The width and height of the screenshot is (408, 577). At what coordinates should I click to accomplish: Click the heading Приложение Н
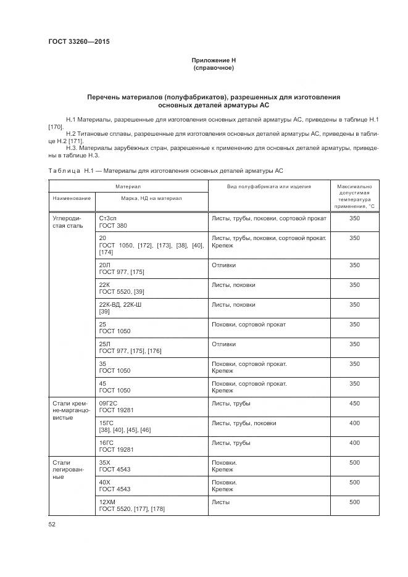click(x=214, y=60)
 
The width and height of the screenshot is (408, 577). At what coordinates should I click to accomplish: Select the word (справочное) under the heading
click(x=214, y=67)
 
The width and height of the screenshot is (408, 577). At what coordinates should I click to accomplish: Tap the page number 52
click(x=52, y=524)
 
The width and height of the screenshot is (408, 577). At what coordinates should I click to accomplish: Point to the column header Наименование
click(x=72, y=198)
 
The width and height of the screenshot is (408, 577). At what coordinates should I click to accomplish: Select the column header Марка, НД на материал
click(x=152, y=198)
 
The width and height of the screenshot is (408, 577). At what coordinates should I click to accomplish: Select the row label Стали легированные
click(x=62, y=469)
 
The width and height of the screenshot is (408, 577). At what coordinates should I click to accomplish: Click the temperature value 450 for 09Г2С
click(x=354, y=404)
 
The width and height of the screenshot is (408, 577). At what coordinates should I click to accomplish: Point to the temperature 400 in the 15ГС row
click(x=354, y=423)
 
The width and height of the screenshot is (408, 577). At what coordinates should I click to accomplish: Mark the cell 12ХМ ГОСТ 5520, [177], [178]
click(x=131, y=506)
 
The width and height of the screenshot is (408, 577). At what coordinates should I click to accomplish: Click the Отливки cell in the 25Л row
click(x=223, y=344)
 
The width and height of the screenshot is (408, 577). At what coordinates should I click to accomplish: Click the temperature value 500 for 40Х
click(x=354, y=483)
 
